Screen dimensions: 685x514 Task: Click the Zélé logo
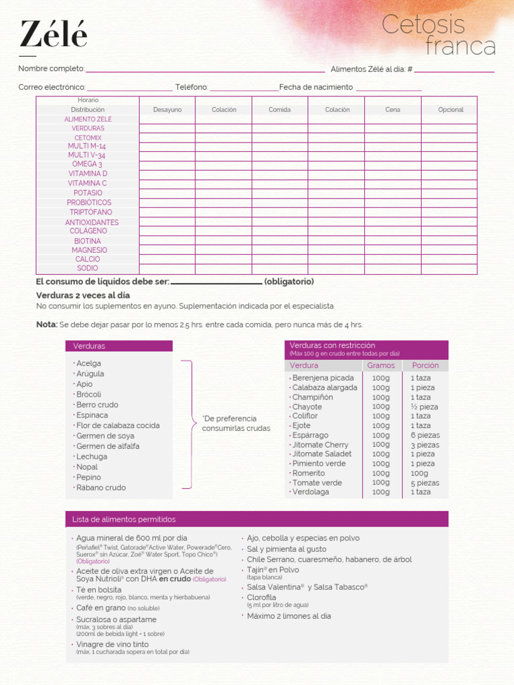(53, 35)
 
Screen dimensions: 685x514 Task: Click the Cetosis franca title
(438, 36)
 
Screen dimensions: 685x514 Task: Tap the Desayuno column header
(167, 110)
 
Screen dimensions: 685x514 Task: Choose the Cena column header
(393, 110)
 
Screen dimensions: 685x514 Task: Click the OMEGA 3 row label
(88, 164)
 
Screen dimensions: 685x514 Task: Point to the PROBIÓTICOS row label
(89, 203)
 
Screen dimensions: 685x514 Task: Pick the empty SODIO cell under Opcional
(449, 269)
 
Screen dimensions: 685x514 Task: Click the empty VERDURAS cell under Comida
(280, 128)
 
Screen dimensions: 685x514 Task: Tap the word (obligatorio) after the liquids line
(289, 282)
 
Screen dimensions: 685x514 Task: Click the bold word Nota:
(47, 324)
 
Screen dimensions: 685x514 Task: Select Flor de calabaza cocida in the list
(118, 425)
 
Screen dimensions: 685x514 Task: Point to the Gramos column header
(381, 366)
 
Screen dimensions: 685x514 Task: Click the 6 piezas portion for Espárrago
(425, 435)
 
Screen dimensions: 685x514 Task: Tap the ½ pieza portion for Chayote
(424, 407)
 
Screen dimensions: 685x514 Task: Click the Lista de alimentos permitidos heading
(124, 520)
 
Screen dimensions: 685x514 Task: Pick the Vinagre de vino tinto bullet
(112, 644)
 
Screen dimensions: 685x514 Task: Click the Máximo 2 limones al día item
(288, 616)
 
